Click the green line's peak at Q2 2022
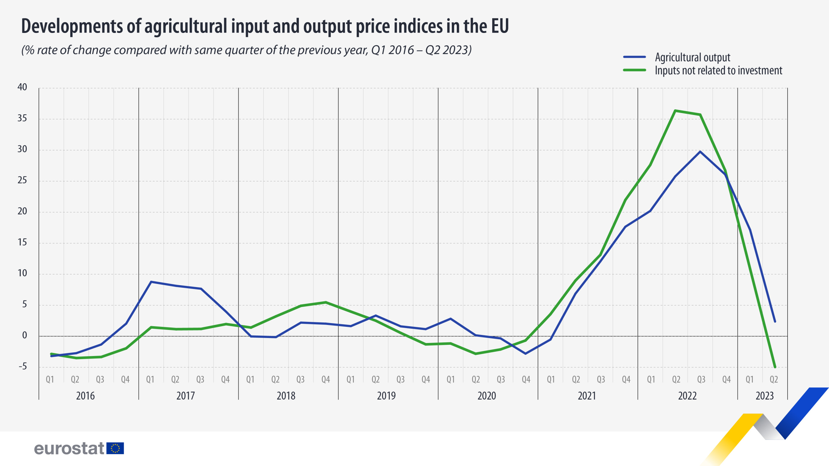coord(675,111)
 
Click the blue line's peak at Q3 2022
coord(700,152)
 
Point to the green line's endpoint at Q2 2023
coord(775,367)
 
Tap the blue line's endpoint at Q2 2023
coord(775,321)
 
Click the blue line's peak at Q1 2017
coord(151,282)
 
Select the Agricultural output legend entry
coord(692,57)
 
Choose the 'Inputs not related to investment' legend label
coord(718,71)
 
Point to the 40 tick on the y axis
coord(22,87)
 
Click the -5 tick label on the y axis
coord(22,366)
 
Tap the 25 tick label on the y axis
coord(22,180)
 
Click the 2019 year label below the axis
coord(386,395)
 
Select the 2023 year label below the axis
coord(764,395)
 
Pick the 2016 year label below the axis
coord(85,395)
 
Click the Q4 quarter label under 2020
coord(526,380)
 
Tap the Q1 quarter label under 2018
coord(250,380)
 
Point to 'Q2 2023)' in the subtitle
coord(448,50)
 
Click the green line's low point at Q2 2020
coord(476,354)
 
